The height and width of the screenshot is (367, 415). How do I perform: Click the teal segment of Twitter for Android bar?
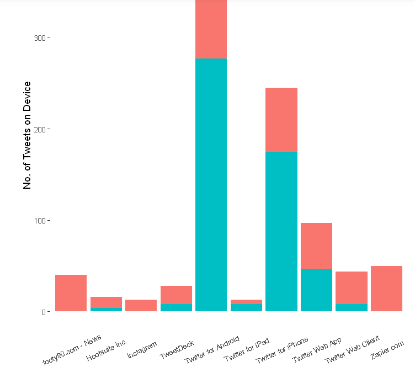tap(211, 185)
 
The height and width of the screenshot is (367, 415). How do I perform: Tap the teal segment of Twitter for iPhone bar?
tap(281, 231)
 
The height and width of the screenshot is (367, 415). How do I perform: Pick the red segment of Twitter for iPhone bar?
tap(281, 119)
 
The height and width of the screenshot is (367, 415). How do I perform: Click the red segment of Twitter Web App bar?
tap(316, 246)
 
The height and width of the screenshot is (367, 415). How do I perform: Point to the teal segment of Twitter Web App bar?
tap(316, 290)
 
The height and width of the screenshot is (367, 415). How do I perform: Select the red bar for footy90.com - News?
tap(71, 293)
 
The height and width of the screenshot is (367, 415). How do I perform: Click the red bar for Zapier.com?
tap(386, 289)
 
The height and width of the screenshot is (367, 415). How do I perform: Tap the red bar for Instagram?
tap(141, 305)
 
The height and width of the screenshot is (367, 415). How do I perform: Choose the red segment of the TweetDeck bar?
tap(176, 295)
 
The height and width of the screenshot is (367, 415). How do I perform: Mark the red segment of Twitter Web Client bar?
tap(352, 288)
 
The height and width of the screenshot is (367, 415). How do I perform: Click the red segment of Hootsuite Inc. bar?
tap(106, 302)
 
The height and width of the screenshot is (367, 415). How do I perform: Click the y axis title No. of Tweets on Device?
tap(27, 135)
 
